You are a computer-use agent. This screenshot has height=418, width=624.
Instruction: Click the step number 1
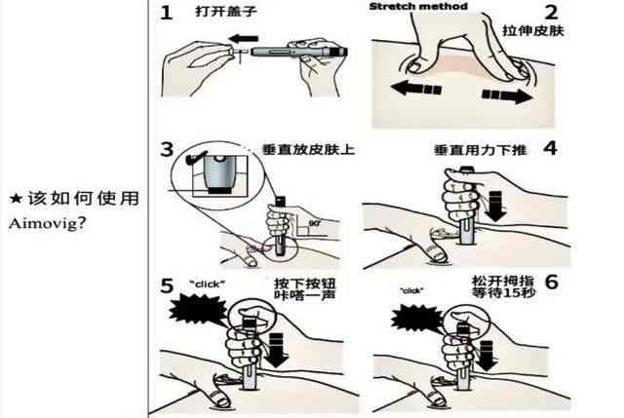click(167, 14)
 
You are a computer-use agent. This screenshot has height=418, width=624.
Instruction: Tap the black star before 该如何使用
click(15, 198)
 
